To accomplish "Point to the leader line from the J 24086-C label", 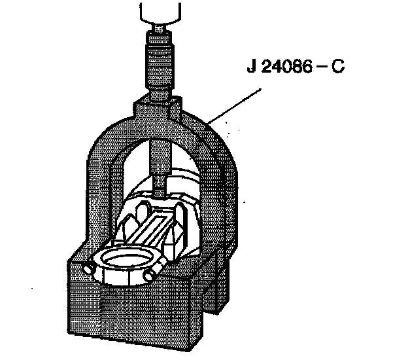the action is [x=229, y=101].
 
